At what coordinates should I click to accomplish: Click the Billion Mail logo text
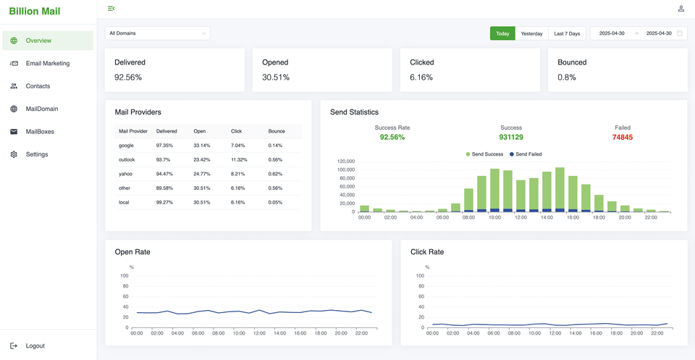tap(35, 12)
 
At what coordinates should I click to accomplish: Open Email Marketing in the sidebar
tap(48, 64)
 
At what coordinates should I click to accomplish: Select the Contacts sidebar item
tap(38, 86)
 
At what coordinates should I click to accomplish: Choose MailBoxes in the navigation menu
tap(40, 132)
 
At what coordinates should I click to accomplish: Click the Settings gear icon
tap(14, 154)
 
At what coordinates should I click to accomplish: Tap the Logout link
tap(35, 346)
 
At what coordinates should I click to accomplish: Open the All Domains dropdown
tap(158, 33)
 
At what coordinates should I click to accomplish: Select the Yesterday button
tap(531, 33)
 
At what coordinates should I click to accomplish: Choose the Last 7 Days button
tap(567, 33)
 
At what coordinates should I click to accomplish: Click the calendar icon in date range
tap(679, 33)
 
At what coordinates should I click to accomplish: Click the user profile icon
tap(681, 9)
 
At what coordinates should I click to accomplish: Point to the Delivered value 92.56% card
tap(128, 77)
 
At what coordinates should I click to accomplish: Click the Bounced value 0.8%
tap(567, 77)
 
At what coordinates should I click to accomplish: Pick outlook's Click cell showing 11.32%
tap(239, 159)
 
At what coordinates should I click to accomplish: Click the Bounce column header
tap(277, 131)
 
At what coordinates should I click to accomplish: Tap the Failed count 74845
tap(622, 137)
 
